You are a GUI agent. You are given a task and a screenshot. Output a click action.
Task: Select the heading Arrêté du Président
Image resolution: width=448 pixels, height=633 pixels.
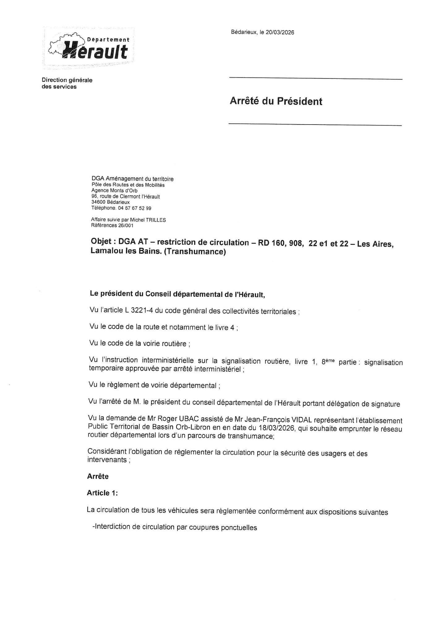(276, 101)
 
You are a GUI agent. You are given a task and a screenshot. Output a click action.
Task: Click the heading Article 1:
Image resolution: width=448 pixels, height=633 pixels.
(102, 493)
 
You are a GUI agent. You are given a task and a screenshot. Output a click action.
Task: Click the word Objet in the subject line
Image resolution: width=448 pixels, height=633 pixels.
(101, 242)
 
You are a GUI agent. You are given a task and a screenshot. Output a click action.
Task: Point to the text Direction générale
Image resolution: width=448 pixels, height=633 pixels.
(67, 80)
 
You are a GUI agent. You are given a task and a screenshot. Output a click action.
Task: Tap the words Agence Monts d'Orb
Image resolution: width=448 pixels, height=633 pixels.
(114, 191)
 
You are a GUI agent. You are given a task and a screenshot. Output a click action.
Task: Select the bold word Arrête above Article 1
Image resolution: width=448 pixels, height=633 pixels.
(98, 476)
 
